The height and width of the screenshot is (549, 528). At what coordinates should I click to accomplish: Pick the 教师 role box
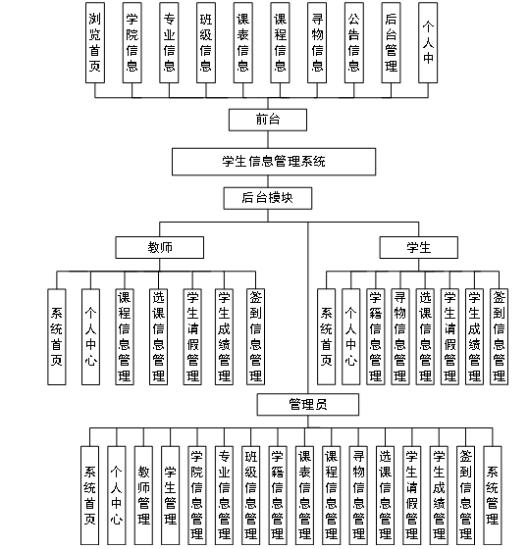[x=160, y=246]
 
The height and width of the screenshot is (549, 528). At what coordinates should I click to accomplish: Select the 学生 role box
[x=419, y=246]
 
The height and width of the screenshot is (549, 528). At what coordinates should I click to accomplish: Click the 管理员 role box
[x=309, y=405]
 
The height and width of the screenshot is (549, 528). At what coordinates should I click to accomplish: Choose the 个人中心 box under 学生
[x=350, y=336]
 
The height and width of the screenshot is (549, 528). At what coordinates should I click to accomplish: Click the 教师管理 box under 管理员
[x=144, y=490]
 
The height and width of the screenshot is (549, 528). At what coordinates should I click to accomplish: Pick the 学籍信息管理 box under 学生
[x=375, y=336]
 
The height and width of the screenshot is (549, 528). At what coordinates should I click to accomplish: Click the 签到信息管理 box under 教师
[x=255, y=336]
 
